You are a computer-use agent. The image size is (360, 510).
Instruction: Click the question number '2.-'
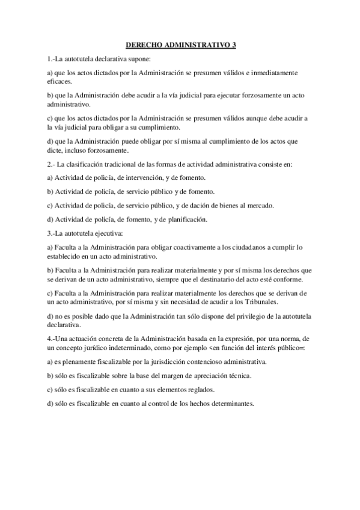51,164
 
